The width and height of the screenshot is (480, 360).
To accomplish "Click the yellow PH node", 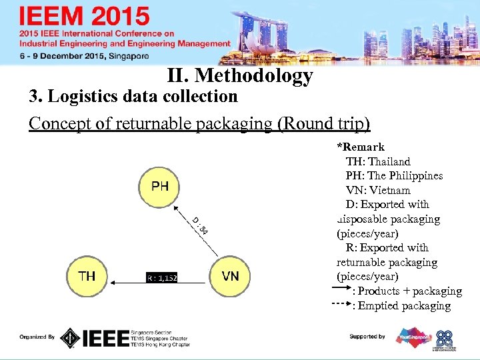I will [x=159, y=186].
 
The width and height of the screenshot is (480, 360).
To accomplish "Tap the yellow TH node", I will [x=87, y=276].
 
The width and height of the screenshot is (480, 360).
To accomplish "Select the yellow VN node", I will [x=230, y=276].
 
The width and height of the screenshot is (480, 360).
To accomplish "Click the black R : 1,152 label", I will [x=161, y=277].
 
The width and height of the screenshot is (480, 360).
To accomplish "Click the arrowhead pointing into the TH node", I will [x=114, y=283].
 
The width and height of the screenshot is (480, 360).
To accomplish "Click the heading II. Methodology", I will [x=240, y=76].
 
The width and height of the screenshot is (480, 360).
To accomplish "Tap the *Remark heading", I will [x=361, y=147].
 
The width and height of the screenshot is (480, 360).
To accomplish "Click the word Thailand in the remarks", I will [x=389, y=161].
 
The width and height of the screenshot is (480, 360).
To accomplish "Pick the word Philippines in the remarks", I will [x=415, y=176].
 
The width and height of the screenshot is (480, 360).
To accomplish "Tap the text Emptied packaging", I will [x=404, y=306].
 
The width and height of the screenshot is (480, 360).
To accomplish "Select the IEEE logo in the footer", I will [x=103, y=338].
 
